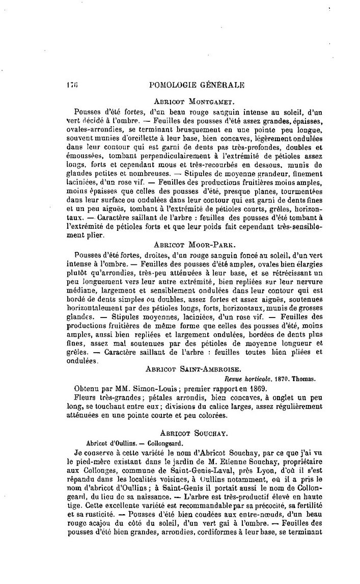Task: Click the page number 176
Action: [x=72, y=85]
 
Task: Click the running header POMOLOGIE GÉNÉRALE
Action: [x=195, y=85]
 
